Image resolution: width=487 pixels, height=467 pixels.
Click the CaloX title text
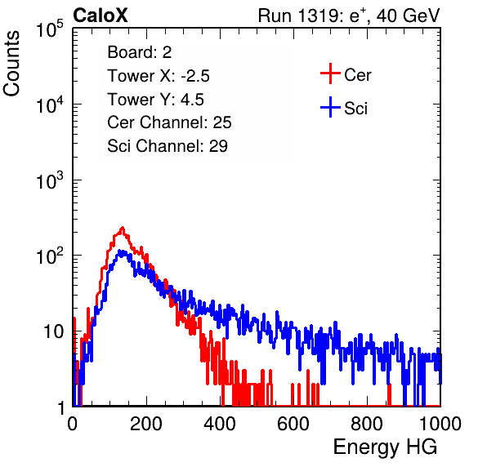100,16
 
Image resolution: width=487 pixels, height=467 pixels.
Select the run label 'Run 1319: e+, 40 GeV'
349,16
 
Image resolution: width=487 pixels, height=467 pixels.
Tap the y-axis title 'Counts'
11,64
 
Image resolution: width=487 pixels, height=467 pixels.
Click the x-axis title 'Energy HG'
385,447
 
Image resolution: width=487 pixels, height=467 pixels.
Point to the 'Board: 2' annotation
140,52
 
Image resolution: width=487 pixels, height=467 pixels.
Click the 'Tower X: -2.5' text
159,76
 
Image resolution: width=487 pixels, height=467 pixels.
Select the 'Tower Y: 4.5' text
155,100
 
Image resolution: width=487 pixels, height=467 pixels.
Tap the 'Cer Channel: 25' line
169,122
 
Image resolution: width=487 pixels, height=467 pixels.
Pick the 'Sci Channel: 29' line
168,146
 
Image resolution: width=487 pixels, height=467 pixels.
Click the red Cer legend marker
330,73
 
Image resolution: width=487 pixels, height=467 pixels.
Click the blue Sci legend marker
330,108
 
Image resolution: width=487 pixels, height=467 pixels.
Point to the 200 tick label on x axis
146,424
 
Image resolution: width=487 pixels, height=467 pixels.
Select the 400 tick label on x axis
220,424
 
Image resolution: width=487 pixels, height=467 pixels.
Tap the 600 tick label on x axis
293,424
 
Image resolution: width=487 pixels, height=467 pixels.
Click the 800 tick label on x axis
367,424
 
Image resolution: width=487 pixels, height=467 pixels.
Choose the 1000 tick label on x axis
440,424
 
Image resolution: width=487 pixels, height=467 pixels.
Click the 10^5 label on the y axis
50,29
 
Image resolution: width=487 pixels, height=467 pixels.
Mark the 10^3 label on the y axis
50,180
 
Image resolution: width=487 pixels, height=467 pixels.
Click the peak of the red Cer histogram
123,228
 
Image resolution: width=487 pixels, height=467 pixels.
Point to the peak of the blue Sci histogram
122,251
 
